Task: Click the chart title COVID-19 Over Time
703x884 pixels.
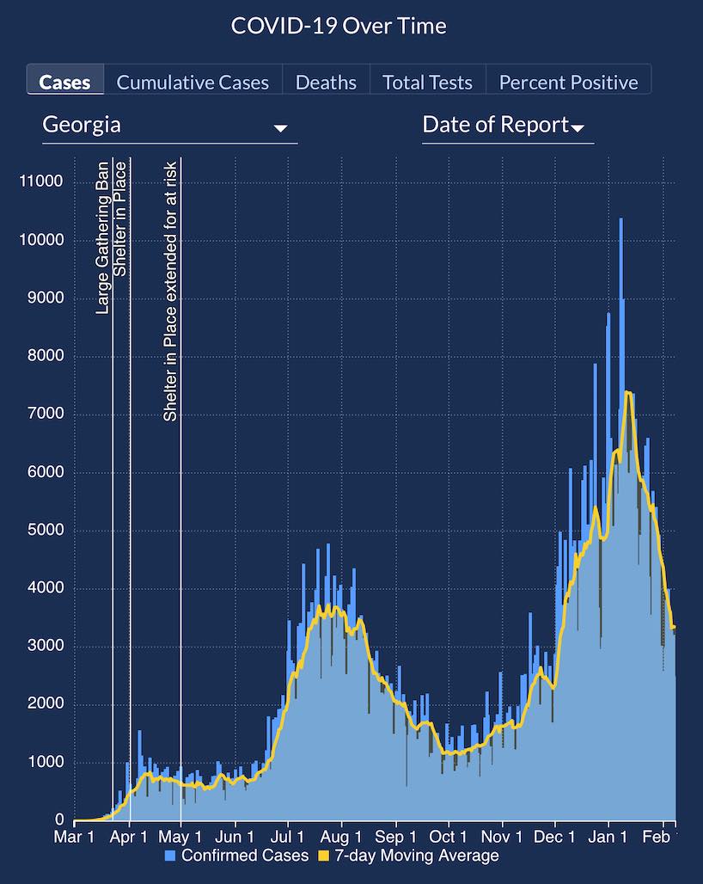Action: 339,26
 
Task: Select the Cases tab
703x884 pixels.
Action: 64,83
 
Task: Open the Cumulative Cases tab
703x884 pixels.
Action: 193,83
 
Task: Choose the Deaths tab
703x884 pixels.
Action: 326,83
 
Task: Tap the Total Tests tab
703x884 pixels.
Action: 427,83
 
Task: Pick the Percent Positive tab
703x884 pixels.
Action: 568,83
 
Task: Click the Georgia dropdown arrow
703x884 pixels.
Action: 280,128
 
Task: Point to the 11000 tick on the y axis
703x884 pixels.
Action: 40,181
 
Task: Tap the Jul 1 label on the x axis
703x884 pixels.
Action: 287,836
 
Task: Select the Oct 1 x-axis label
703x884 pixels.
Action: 448,836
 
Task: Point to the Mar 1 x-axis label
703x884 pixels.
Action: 75,836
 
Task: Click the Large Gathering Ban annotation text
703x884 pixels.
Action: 103,236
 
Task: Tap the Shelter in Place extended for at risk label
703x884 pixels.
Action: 170,291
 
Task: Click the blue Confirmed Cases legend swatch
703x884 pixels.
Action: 170,856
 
